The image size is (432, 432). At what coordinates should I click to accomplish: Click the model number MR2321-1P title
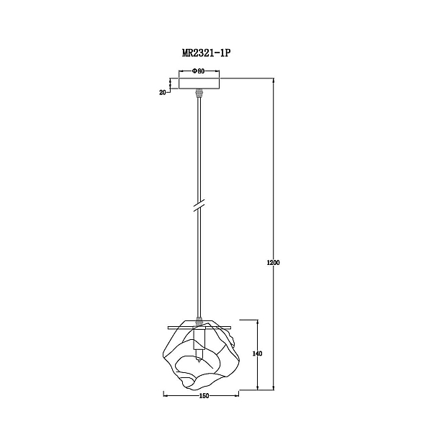click(206, 53)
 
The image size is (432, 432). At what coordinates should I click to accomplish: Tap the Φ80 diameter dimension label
click(199, 71)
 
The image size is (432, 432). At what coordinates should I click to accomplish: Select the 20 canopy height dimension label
click(163, 93)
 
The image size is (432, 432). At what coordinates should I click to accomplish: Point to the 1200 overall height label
click(274, 263)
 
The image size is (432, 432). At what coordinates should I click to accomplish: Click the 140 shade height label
click(257, 354)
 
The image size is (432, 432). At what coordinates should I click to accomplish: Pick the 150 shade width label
click(204, 396)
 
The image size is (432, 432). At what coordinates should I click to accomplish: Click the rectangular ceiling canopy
click(199, 84)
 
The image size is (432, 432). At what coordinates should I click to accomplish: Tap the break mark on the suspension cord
click(199, 205)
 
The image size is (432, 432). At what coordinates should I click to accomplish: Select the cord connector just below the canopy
click(199, 93)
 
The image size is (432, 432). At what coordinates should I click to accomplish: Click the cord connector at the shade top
click(199, 320)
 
